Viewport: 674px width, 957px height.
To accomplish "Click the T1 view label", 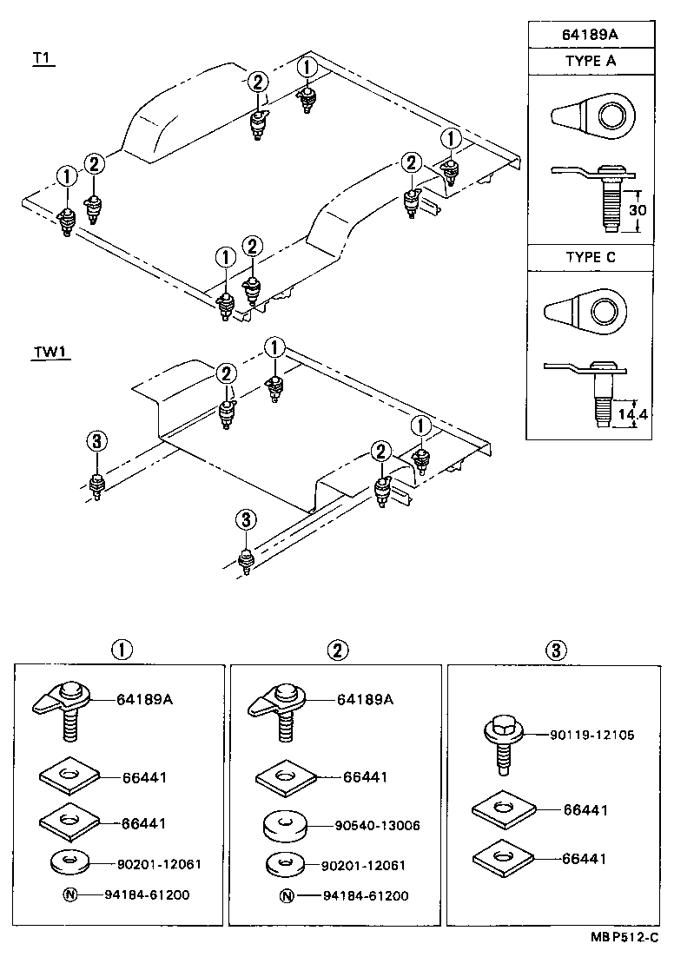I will [42, 58].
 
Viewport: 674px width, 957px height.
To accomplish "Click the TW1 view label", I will [50, 352].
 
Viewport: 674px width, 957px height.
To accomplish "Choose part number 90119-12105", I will [591, 735].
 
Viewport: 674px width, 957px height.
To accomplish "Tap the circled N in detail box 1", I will [69, 894].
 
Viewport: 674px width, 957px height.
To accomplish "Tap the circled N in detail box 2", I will [287, 896].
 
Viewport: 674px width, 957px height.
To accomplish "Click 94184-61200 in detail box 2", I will [365, 896].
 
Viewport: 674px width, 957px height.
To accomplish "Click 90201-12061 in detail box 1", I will [159, 864].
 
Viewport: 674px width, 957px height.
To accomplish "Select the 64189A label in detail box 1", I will [144, 698].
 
